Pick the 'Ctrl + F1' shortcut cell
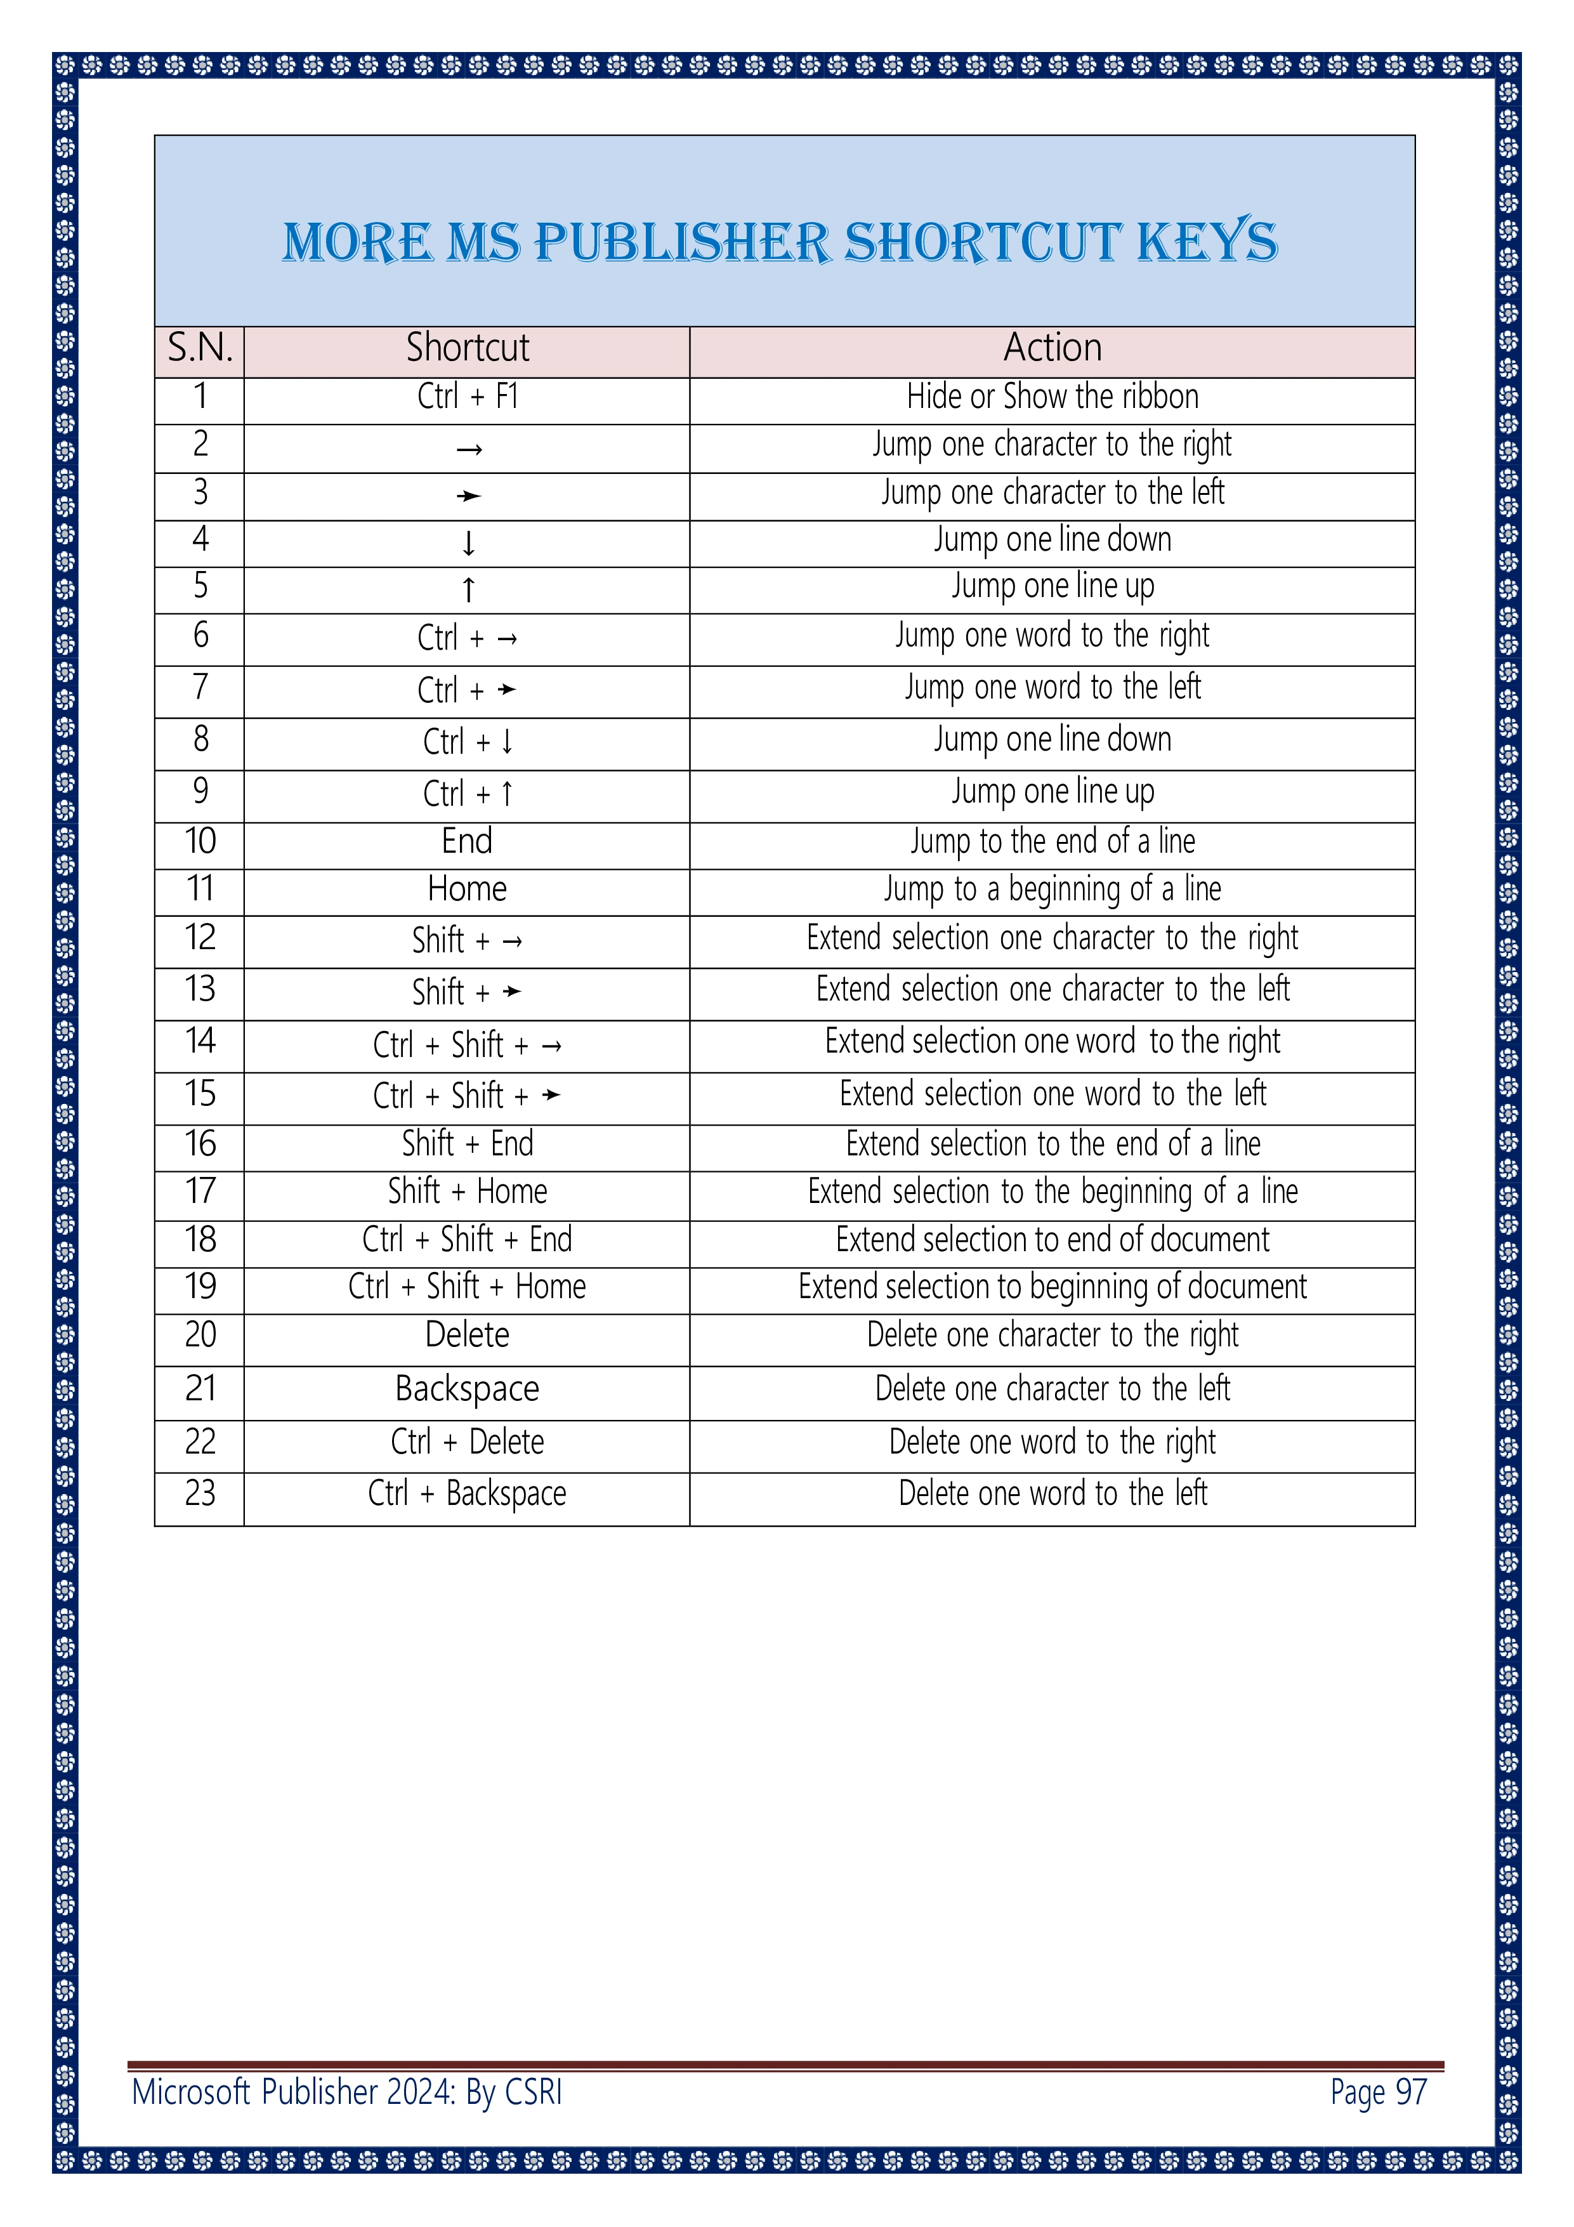tap(468, 397)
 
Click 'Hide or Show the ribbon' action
tap(1053, 397)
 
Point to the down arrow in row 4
tap(468, 543)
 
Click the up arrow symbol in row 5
tap(468, 589)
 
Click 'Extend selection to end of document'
tap(1053, 1240)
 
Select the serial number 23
tap(200, 1493)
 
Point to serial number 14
tap(200, 1042)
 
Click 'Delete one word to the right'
tap(1053, 1442)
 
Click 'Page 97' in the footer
tap(1378, 2093)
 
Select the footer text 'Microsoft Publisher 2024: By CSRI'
tap(347, 2093)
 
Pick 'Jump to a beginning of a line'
tap(1053, 888)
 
